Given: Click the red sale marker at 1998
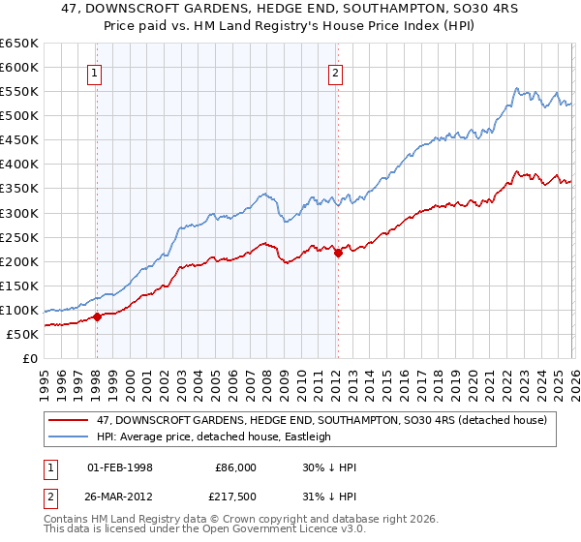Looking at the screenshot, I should (x=97, y=316).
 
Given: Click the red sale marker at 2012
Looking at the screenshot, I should (x=338, y=253).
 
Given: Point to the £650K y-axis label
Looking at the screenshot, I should (x=19, y=44).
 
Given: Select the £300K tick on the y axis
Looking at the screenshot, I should (x=19, y=213).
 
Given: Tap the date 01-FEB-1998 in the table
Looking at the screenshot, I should (x=120, y=467).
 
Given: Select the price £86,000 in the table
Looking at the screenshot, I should (x=235, y=467).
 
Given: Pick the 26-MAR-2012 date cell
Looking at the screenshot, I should (x=120, y=497).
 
